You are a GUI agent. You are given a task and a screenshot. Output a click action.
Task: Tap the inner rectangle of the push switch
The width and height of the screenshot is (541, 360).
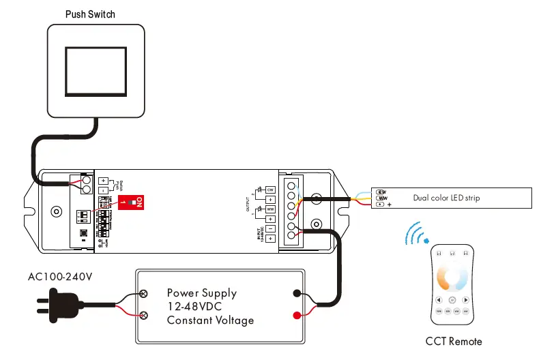(96, 70)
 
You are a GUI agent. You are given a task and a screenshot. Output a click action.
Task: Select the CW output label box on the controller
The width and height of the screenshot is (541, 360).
(270, 189)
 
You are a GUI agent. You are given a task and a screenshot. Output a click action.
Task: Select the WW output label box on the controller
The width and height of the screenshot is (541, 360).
(270, 209)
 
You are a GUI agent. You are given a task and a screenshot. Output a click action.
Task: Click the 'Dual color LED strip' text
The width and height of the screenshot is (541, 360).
(446, 198)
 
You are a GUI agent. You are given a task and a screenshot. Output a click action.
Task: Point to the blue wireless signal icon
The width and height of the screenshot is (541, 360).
(415, 235)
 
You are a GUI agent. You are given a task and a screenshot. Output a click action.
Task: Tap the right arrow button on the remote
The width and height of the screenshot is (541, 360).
(465, 299)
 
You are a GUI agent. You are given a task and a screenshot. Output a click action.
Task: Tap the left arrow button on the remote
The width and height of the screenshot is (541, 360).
(439, 299)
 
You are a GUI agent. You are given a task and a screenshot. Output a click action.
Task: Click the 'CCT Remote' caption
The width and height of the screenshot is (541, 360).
(453, 342)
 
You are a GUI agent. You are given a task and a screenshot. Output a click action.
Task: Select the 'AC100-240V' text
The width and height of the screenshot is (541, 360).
(60, 277)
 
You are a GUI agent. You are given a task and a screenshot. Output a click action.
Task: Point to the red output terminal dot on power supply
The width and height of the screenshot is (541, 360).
(297, 315)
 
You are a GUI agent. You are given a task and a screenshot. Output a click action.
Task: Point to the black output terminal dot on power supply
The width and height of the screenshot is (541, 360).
(297, 294)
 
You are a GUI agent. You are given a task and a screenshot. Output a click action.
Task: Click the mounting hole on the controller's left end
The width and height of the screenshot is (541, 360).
(57, 212)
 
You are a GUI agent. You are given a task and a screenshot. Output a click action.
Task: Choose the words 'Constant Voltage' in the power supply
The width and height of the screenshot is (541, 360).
(210, 320)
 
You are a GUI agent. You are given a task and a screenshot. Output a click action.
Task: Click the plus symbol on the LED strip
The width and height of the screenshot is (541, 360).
(389, 204)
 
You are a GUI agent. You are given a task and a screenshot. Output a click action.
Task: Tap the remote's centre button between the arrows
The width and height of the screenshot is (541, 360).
(452, 299)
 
